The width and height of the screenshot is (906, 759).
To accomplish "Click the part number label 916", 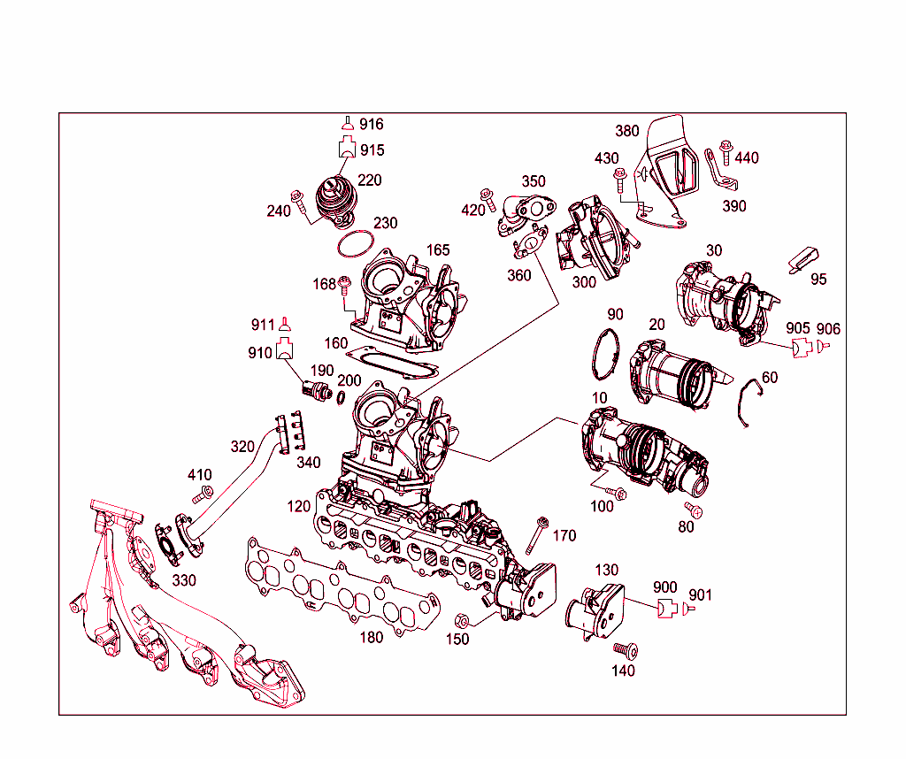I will [371, 125].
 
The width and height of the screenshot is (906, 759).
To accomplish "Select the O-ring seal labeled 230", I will [356, 242].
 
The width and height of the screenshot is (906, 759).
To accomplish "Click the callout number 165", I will [438, 250].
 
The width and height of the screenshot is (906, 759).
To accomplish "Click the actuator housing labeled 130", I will [598, 610].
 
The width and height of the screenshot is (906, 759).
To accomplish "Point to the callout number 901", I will [699, 595].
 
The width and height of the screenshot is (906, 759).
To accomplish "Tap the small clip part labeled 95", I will [802, 257].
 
